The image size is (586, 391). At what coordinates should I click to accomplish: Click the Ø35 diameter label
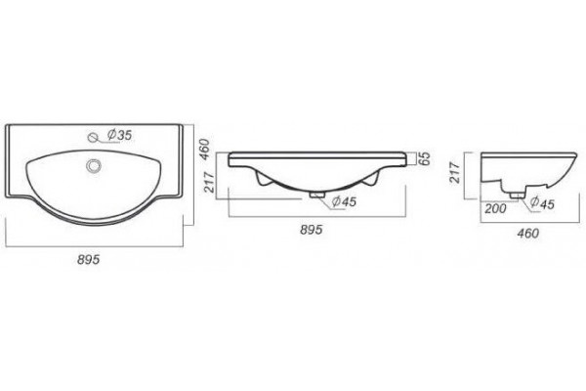[x=119, y=135]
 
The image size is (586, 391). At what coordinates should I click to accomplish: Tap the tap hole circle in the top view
[x=93, y=137]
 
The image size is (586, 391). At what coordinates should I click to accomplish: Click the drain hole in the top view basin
[x=94, y=166]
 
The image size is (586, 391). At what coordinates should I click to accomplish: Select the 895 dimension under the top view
[x=89, y=259]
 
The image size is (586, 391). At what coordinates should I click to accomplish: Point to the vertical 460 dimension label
[x=204, y=150]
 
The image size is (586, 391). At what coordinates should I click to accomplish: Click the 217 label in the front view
[x=209, y=182]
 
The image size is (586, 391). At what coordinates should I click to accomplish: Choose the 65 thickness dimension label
[x=424, y=158]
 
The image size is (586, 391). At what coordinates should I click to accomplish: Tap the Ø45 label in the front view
[x=344, y=201]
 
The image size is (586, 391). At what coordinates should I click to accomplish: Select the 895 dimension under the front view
[x=311, y=230]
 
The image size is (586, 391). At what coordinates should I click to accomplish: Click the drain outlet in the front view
[x=317, y=195]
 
